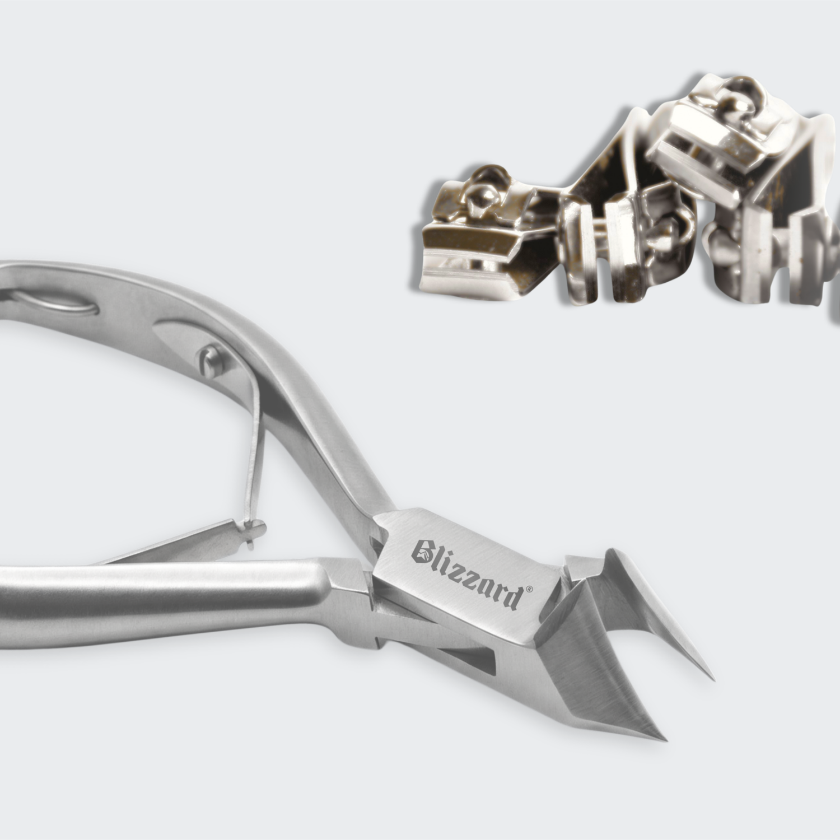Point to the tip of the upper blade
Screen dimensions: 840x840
[712, 678]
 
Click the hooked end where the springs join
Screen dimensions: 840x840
[253, 529]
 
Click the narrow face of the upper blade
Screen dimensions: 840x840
[666, 616]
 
